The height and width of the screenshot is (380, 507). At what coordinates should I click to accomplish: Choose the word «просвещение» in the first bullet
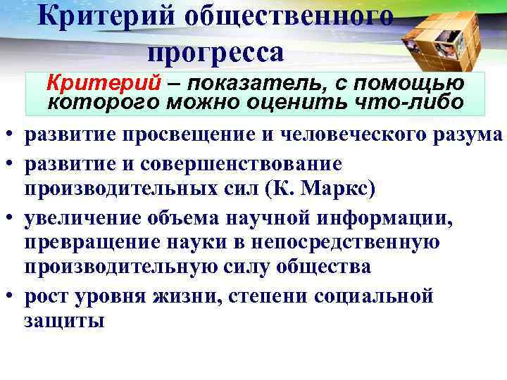pyautogui.click(x=169, y=135)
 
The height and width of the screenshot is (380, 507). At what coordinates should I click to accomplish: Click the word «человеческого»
pyautogui.click(x=336, y=135)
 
